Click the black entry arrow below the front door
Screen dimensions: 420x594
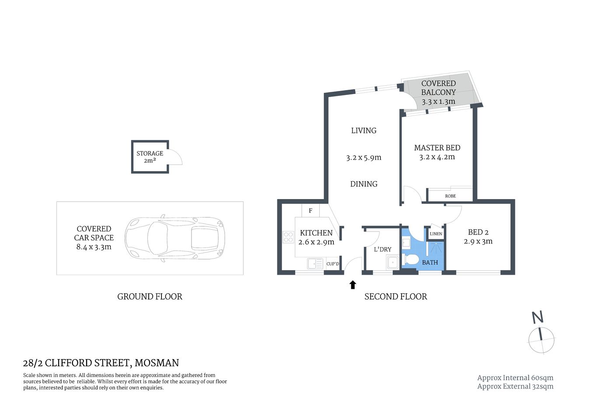[353, 285]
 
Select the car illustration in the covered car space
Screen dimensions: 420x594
[174, 238]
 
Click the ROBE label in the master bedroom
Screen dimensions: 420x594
[450, 196]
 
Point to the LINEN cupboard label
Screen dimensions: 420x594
[436, 234]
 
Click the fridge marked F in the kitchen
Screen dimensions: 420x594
[311, 210]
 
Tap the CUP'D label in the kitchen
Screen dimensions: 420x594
[332, 264]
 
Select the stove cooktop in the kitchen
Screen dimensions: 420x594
[288, 237]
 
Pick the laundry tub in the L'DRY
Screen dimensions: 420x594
[392, 262]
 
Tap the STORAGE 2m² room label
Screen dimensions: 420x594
[150, 157]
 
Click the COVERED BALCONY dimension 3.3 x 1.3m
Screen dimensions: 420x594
[438, 101]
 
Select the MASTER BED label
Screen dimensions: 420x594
[437, 148]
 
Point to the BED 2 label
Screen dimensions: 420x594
[478, 232]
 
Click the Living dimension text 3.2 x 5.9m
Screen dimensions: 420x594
[363, 157]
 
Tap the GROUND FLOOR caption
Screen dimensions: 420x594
[150, 297]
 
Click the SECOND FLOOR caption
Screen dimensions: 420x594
[395, 297]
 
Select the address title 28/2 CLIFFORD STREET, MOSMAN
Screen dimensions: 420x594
[101, 363]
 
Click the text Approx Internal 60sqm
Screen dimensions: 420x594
[515, 378]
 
